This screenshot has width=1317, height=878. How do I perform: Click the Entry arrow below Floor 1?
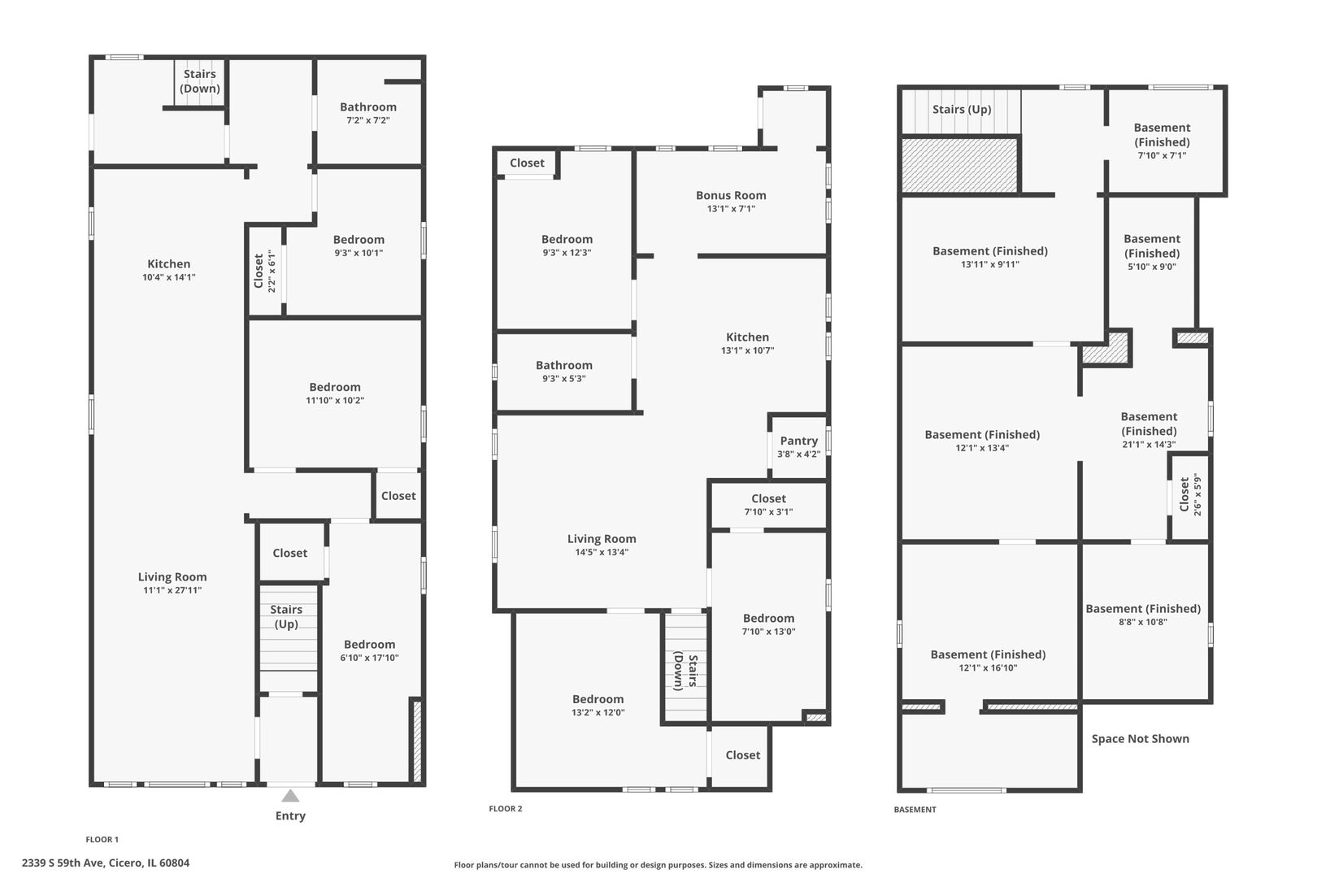click(x=290, y=796)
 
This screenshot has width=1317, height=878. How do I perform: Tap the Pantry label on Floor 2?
click(x=798, y=441)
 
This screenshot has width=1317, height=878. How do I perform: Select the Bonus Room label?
click(x=731, y=195)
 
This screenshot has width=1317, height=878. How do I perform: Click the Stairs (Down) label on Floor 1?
click(x=199, y=81)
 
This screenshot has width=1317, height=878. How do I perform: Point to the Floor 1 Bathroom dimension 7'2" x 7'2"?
click(x=368, y=120)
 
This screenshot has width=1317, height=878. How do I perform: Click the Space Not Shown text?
click(x=1140, y=739)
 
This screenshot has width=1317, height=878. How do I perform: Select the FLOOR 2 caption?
click(x=506, y=809)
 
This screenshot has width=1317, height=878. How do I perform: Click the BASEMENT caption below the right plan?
click(x=915, y=810)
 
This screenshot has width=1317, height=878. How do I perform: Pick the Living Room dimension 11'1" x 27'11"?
click(x=172, y=590)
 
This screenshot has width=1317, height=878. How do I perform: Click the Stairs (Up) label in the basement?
click(x=962, y=110)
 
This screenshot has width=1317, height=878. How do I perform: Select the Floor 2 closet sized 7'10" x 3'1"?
click(x=768, y=505)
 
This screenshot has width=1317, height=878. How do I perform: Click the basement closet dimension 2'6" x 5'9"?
click(x=1197, y=494)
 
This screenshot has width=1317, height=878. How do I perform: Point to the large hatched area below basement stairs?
click(x=959, y=165)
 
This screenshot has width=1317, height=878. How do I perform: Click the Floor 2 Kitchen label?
click(x=747, y=337)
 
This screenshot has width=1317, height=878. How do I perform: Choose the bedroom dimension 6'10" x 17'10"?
click(x=369, y=658)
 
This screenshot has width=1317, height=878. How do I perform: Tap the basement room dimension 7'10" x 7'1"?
click(x=1162, y=156)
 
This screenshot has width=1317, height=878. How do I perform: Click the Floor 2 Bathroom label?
click(x=564, y=365)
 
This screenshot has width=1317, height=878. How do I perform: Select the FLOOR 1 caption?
click(x=102, y=840)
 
